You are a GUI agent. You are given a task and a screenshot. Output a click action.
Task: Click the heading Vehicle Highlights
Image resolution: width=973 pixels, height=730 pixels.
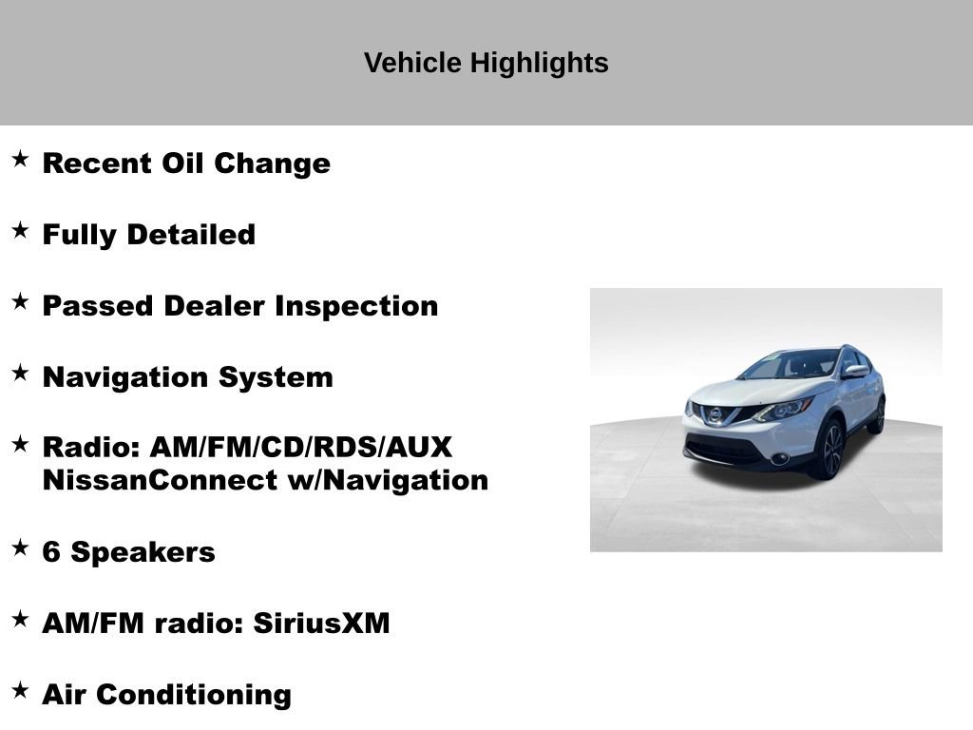click(486, 64)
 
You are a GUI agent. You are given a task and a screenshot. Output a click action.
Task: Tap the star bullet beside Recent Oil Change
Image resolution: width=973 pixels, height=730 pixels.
click(20, 159)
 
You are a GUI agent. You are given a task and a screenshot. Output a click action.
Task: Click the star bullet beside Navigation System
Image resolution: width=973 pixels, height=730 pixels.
click(20, 373)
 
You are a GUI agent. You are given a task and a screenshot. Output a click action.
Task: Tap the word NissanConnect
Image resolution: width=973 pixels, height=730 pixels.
click(160, 480)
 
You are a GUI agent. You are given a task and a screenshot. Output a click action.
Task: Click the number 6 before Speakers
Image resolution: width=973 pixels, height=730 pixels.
click(51, 552)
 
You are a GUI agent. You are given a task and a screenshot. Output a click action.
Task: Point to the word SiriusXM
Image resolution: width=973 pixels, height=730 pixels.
click(321, 624)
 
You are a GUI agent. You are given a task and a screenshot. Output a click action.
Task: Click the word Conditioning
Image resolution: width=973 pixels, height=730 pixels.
click(194, 695)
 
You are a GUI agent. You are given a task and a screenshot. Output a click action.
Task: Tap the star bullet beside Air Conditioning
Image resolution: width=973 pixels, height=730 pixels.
click(20, 690)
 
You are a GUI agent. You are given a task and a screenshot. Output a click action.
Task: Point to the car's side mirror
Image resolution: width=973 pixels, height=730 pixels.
click(855, 372)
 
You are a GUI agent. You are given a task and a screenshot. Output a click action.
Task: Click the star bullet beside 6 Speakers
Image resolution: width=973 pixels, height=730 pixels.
click(20, 547)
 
